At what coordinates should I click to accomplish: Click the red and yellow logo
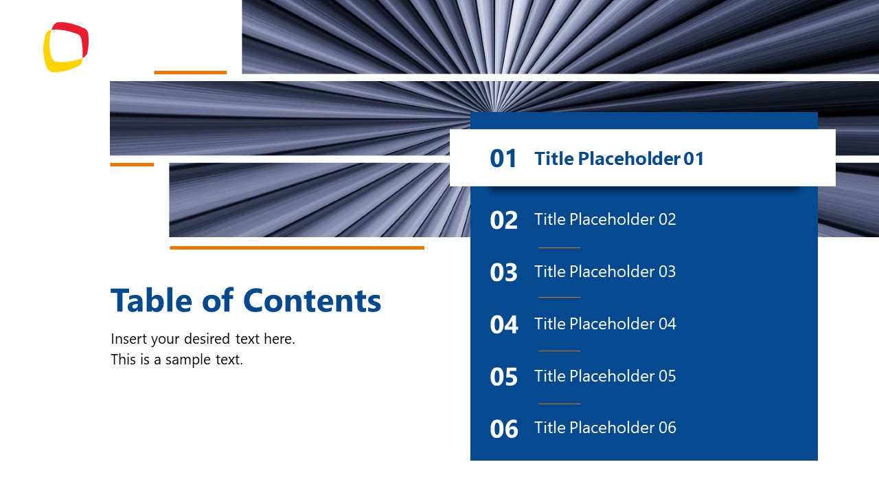click(66, 47)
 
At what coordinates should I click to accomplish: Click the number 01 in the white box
click(503, 159)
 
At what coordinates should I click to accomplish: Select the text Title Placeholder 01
click(619, 159)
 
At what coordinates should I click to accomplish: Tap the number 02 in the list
click(503, 220)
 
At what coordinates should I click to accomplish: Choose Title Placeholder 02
click(605, 219)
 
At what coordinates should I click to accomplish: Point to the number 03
click(503, 272)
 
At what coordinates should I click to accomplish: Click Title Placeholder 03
click(605, 272)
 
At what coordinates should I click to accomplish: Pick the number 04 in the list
click(503, 324)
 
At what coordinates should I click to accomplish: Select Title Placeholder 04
click(605, 324)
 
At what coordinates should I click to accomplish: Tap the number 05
click(503, 377)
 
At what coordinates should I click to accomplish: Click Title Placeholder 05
click(605, 376)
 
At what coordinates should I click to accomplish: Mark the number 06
click(503, 429)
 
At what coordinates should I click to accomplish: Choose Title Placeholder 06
click(605, 428)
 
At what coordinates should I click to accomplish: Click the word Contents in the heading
click(312, 300)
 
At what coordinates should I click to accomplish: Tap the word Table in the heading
click(152, 300)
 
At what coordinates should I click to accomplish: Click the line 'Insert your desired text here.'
click(203, 339)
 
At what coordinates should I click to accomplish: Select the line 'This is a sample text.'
click(176, 360)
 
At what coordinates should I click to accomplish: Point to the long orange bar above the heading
click(297, 247)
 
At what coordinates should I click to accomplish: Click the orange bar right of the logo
click(190, 72)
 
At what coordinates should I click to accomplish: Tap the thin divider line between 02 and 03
click(559, 247)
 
